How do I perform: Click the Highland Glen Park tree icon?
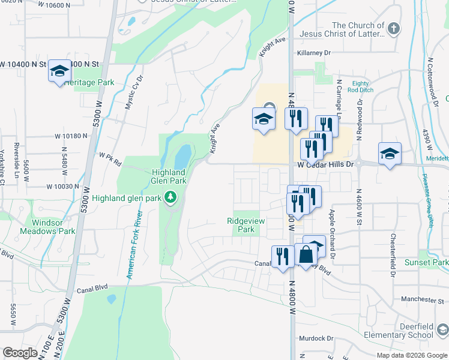click(x=170, y=197)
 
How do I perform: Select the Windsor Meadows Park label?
click(x=47, y=226)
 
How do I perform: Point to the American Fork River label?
click(x=134, y=245)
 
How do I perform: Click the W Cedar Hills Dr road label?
click(x=327, y=164)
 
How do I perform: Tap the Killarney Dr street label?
click(x=314, y=53)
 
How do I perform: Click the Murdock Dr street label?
click(x=316, y=338)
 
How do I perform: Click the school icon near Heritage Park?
click(x=59, y=71)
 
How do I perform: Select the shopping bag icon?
click(x=306, y=254)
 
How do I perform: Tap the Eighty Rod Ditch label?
click(x=361, y=87)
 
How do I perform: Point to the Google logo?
click(x=20, y=353)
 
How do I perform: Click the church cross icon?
click(x=394, y=28)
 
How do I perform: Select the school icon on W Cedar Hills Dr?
click(x=389, y=154)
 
